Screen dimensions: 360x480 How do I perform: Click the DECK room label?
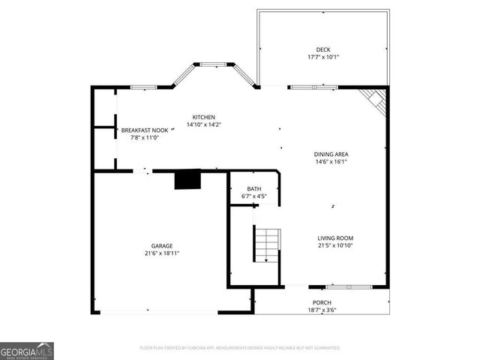[323, 49]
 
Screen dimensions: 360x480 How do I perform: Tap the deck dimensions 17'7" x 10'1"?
[323, 57]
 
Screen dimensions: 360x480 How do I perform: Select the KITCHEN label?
[204, 117]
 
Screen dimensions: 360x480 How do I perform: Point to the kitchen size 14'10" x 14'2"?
[204, 124]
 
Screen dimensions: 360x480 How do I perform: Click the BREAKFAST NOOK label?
[145, 130]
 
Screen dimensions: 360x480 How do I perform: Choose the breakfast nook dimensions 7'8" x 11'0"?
[145, 138]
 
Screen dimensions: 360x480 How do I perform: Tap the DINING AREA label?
[331, 154]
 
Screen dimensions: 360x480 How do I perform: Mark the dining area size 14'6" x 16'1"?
[331, 162]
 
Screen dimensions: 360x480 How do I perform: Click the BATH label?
[253, 189]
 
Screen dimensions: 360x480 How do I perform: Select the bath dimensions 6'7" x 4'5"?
[253, 196]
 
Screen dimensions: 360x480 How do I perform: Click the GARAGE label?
[162, 246]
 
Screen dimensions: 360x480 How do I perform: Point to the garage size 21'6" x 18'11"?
[162, 253]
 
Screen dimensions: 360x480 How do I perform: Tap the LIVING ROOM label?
[335, 238]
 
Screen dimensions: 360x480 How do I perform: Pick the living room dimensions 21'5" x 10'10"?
[335, 245]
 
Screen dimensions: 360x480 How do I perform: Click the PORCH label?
[322, 302]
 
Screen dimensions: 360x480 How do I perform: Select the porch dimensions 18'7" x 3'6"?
[322, 310]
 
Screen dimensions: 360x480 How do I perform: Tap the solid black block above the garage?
[187, 181]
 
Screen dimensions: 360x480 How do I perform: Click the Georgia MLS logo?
[27, 351]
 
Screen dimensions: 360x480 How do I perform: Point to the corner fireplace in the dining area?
[374, 100]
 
